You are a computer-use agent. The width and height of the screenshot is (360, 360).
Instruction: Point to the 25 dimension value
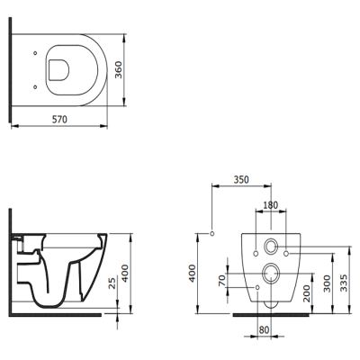(111, 284)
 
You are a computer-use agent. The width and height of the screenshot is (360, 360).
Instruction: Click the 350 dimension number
(242, 180)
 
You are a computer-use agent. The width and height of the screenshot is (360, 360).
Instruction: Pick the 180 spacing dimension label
(270, 204)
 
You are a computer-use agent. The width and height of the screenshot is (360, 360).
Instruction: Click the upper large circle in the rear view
(271, 246)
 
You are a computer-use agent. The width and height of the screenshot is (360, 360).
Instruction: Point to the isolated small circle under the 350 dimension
(211, 235)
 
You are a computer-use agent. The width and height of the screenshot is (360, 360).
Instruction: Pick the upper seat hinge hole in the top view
(34, 52)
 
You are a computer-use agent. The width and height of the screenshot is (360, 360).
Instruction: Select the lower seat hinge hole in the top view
(34, 85)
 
